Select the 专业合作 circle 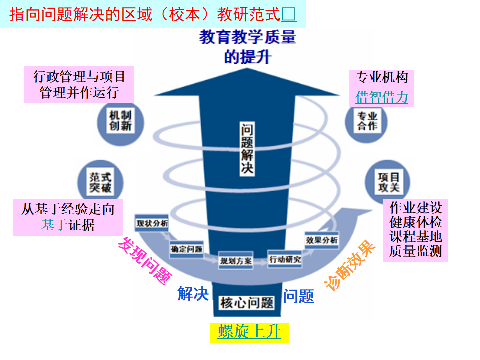tap(367, 121)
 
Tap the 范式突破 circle tap(100, 182)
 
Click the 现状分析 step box tap(152, 222)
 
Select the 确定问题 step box tap(186, 248)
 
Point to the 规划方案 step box tap(235, 261)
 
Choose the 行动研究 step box tap(285, 259)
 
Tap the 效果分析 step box tap(321, 240)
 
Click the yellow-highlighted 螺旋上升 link tap(249, 332)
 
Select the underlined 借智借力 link tap(382, 97)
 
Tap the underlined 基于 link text tap(54, 225)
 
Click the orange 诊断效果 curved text tap(350, 265)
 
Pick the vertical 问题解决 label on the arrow tap(247, 148)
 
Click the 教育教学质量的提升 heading tap(247, 47)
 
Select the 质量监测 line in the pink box tap(415, 251)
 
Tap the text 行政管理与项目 tap(79, 77)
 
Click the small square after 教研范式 tap(289, 15)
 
